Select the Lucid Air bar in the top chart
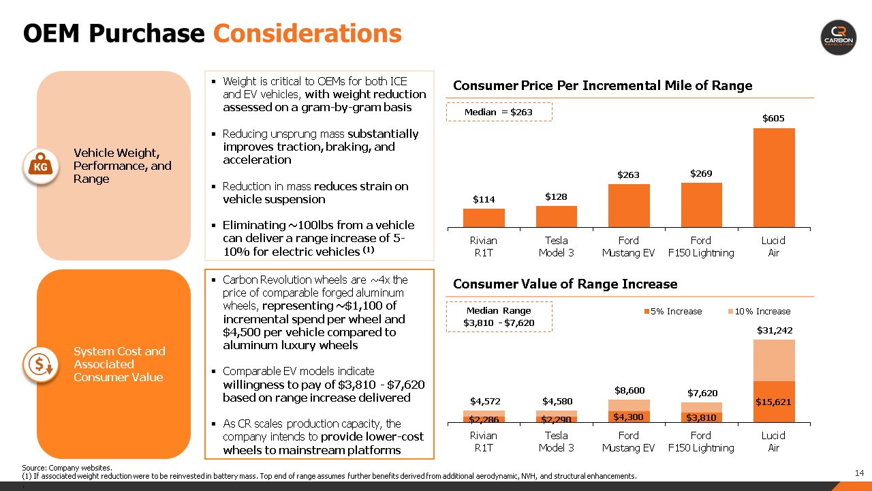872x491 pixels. (773, 177)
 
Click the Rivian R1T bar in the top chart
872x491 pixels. (484, 218)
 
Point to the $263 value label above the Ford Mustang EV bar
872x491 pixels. (629, 175)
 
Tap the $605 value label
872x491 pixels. (773, 119)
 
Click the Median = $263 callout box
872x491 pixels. (499, 112)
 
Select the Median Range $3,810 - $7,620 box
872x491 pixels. (499, 317)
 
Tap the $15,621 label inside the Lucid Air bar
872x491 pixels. (773, 402)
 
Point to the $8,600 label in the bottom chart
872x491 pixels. (629, 391)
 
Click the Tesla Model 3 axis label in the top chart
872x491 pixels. (557, 246)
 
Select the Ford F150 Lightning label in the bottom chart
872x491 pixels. (701, 441)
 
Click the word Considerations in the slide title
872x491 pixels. (307, 33)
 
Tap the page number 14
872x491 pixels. (859, 473)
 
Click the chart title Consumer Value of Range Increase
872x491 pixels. (565, 284)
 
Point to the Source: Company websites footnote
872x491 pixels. (67, 468)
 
